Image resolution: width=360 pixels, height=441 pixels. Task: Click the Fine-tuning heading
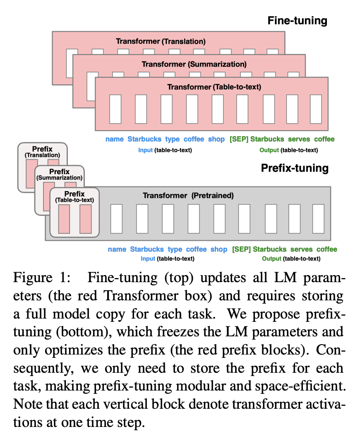coord(297,21)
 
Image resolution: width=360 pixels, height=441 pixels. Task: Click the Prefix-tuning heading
coord(295,168)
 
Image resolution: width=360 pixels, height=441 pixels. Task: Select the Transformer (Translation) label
coord(161,41)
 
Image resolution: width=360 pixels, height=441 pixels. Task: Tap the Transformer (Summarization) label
coord(194,64)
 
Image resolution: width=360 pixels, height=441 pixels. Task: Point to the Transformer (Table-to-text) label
coord(214,87)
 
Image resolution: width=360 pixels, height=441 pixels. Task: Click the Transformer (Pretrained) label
coord(188,195)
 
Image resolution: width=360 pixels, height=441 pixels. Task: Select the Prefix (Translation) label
coord(43,151)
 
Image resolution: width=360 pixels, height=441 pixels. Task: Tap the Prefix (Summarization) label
coord(59,175)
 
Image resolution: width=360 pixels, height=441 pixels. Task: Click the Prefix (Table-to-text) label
coord(74,197)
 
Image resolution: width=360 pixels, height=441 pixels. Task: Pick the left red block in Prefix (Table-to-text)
coord(64,219)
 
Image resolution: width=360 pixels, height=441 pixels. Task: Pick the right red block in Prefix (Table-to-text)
coord(86,219)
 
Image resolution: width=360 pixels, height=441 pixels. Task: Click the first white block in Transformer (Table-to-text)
coord(115,109)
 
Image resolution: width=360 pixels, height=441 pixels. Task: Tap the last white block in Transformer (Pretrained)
coord(318,219)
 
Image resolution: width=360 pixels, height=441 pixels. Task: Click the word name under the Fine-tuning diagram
coord(115,139)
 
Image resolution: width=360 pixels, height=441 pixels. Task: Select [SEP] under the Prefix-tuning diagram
coord(241,249)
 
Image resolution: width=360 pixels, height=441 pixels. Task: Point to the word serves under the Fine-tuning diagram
coord(299,139)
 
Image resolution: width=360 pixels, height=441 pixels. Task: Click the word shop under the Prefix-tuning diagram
coord(219,249)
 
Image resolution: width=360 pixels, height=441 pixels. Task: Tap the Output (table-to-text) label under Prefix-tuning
coord(291,259)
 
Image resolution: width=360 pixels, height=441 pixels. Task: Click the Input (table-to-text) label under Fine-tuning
coord(165,150)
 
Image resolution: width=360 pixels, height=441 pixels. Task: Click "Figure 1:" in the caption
coord(42,278)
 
